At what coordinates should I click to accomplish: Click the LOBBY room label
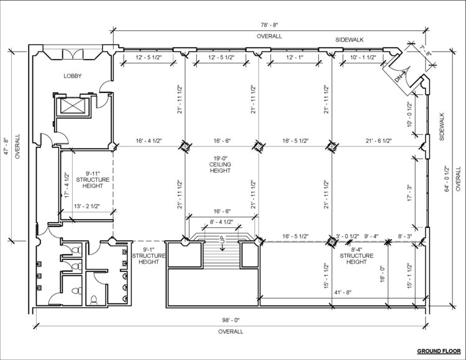click(x=73, y=76)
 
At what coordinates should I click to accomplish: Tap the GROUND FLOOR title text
click(x=439, y=351)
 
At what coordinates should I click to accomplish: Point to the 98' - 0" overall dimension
click(x=231, y=320)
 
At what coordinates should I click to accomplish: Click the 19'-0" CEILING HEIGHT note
click(x=220, y=164)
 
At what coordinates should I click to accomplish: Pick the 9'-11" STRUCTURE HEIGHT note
click(x=93, y=179)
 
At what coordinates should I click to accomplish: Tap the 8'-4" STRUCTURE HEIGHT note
click(x=357, y=256)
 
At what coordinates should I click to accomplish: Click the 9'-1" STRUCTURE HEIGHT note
click(x=148, y=256)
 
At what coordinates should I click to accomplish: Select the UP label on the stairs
click(x=222, y=240)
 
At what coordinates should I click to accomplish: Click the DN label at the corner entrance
click(x=398, y=79)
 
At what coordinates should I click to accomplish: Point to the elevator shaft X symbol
click(x=73, y=106)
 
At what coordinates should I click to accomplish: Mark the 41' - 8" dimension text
click(x=342, y=292)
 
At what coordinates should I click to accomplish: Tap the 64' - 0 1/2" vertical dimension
click(x=447, y=179)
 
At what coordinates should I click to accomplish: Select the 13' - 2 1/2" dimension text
click(x=87, y=206)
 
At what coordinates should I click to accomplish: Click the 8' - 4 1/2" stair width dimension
click(x=221, y=222)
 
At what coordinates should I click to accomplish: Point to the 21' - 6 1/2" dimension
click(x=378, y=141)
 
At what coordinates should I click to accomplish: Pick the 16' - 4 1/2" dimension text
click(x=148, y=141)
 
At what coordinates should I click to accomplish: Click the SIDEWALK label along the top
click(x=349, y=40)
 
